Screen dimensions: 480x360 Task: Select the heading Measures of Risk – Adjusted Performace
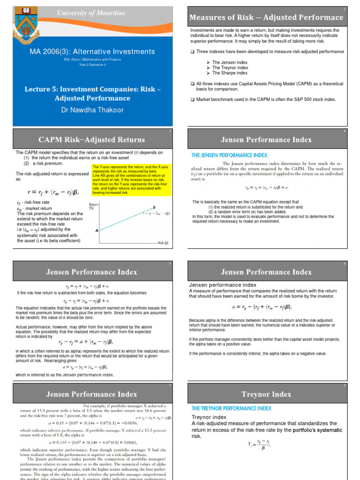[x=266, y=17]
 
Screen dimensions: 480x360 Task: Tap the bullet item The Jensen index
[x=230, y=62]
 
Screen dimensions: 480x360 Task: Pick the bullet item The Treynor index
[x=230, y=67]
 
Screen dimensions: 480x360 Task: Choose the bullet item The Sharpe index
[x=230, y=73]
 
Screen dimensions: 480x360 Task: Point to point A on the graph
[x=97, y=231]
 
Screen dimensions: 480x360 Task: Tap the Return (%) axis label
[x=93, y=206]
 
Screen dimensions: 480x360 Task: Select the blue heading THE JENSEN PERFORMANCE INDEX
[x=229, y=155]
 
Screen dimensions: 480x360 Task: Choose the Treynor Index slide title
[x=266, y=394]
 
